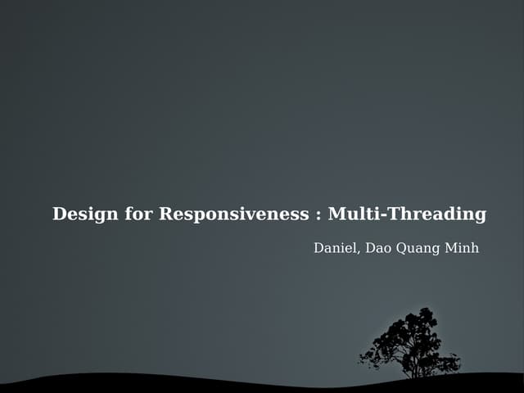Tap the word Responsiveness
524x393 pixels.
tap(233, 215)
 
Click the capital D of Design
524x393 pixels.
tap(60, 215)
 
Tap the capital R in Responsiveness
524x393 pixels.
tap(165, 215)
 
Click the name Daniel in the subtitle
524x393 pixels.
tap(334, 248)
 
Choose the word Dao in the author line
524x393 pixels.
tap(378, 248)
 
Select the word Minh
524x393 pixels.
tap(461, 248)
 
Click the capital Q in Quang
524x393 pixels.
tap(401, 248)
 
